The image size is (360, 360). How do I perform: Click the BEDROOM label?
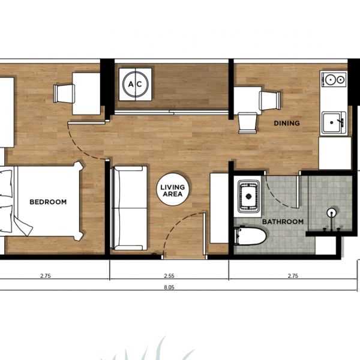[48, 202]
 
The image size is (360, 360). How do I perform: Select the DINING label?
[287, 123]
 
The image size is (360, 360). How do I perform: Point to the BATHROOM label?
[283, 222]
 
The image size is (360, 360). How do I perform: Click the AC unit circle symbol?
[136, 84]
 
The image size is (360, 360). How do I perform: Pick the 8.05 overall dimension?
[169, 287]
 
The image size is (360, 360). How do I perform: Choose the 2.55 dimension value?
[169, 276]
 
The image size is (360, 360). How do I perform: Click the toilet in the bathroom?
[250, 236]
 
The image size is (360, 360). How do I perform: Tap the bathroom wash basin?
[248, 196]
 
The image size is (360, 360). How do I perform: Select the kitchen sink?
[334, 122]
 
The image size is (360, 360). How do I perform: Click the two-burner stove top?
[334, 80]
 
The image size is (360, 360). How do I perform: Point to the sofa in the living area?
[129, 208]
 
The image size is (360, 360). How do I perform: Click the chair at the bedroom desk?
[64, 94]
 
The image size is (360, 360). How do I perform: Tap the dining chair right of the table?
[270, 101]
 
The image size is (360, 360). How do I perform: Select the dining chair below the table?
[247, 123]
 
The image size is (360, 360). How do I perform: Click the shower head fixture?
[332, 213]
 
